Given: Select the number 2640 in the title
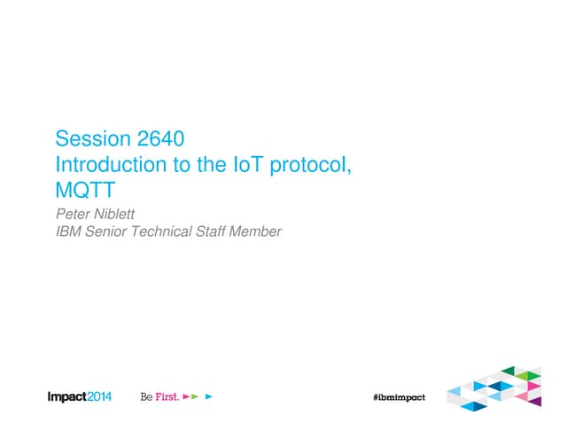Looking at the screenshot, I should click(160, 139).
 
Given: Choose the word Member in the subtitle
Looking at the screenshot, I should click(262, 232).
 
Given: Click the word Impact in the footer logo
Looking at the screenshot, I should click(66, 396).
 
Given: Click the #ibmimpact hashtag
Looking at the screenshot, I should click(399, 396).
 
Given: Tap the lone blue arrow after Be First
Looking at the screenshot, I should click(209, 396).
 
